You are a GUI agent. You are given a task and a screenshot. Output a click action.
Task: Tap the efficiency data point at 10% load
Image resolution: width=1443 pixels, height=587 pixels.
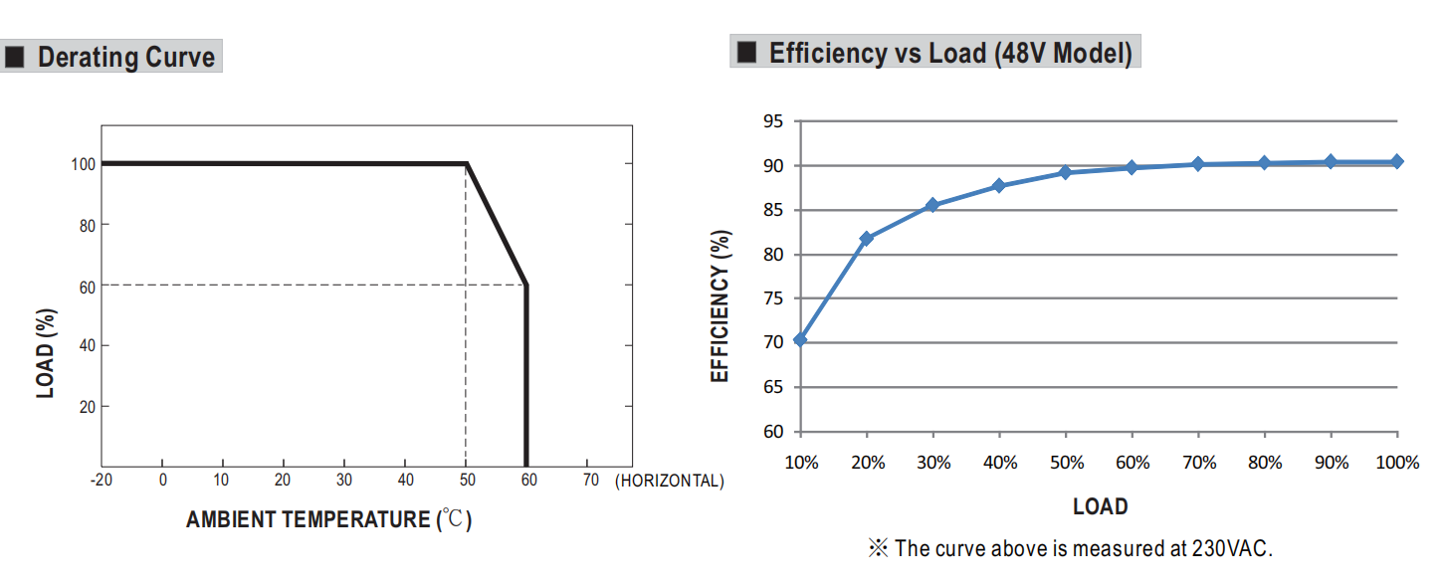coord(800,340)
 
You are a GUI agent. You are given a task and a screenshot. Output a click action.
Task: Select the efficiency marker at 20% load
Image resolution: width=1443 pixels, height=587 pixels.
coord(866,239)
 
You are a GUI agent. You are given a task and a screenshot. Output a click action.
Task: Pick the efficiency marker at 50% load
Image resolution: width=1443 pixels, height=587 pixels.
coord(1065,172)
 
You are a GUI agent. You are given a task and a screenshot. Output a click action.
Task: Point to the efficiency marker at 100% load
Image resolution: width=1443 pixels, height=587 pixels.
coord(1397,161)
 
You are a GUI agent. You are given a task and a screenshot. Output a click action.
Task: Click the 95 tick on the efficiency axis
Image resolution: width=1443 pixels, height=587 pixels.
coord(773,121)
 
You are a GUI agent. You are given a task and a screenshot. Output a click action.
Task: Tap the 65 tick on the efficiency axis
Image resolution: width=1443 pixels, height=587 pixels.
coord(773,387)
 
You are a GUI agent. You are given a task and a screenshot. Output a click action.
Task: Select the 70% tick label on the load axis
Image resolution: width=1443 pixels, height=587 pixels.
coord(1198,463)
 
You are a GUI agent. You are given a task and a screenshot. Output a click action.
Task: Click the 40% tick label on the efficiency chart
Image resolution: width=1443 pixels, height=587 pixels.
coord(999,463)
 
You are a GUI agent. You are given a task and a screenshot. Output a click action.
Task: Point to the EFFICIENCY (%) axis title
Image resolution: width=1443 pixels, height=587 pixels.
coord(721,305)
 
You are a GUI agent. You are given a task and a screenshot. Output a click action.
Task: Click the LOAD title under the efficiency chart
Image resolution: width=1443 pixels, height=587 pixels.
coord(1100,506)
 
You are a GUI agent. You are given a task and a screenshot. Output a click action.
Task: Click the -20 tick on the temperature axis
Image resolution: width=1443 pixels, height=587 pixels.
coord(101,481)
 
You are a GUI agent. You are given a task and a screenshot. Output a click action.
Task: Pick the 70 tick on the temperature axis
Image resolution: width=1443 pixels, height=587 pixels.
coord(590,481)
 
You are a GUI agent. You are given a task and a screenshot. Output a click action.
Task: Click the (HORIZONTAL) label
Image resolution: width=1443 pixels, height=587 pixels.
coord(670,482)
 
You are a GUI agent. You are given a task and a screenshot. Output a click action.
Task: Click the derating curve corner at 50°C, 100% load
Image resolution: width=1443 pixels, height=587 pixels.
coord(467,163)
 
